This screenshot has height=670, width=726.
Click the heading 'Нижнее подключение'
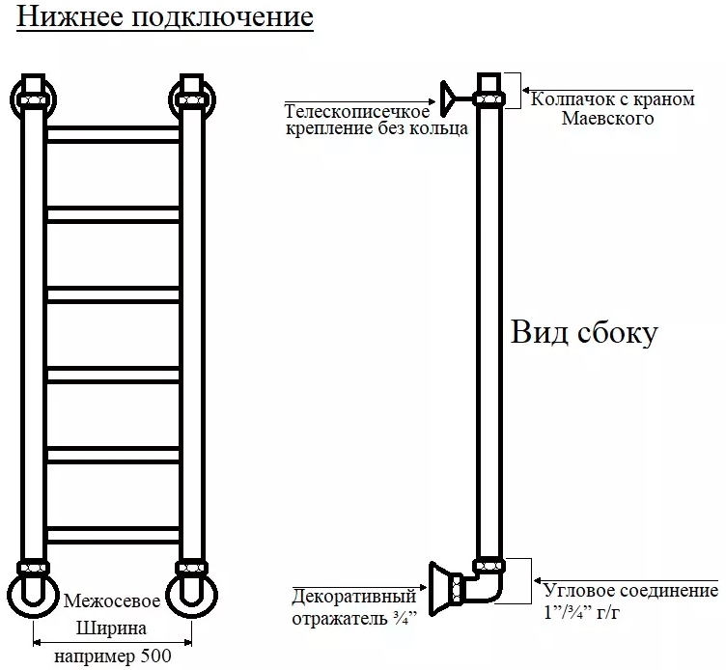(x=164, y=18)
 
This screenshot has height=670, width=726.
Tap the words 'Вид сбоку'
(x=584, y=333)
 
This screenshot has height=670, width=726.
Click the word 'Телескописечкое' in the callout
(x=356, y=112)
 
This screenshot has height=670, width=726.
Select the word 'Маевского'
(x=607, y=118)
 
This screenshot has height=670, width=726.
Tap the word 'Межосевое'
(x=111, y=600)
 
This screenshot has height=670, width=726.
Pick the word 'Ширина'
(x=111, y=628)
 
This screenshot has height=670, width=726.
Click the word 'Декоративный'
(x=353, y=596)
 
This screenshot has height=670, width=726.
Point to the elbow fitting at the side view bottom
(x=483, y=587)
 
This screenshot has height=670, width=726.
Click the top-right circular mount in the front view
(x=190, y=98)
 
